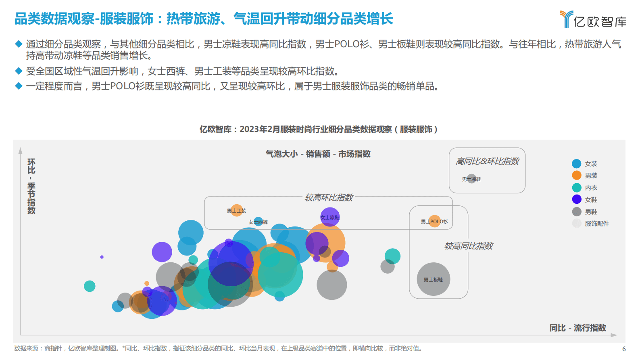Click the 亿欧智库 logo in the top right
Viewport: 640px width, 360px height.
(593, 19)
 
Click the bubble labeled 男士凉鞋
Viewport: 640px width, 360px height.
(471, 179)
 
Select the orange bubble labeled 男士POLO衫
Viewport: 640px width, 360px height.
(434, 221)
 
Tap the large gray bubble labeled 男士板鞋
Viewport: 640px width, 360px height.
(433, 279)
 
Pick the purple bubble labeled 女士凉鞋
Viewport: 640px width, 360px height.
(330, 217)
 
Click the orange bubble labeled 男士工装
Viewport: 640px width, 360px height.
(236, 210)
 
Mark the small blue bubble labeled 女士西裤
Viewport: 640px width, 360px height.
(258, 222)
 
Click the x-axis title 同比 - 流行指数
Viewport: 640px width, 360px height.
(577, 328)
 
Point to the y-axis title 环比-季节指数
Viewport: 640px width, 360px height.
(31, 186)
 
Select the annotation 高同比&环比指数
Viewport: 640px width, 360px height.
(487, 161)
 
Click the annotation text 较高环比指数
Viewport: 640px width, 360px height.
(329, 197)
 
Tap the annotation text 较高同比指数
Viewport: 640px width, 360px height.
(468, 246)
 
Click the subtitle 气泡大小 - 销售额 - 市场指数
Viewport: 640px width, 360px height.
(318, 154)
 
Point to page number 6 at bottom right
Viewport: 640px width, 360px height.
(624, 349)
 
